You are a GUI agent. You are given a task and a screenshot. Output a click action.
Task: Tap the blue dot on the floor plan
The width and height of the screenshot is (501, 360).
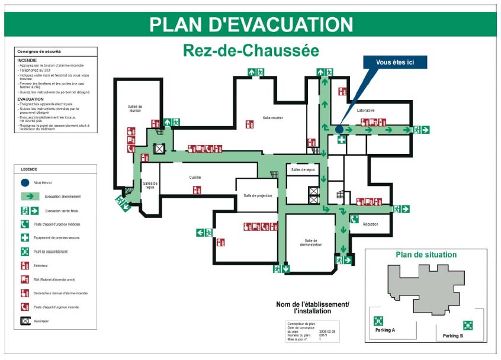click(339, 129)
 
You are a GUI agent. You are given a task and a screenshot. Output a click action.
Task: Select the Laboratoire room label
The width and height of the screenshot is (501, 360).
click(365, 111)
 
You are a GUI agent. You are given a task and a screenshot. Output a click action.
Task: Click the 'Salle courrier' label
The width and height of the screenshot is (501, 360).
click(273, 118)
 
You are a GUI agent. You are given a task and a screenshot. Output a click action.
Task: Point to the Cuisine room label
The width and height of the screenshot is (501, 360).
click(195, 178)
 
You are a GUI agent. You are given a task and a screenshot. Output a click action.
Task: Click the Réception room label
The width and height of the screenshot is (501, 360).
click(370, 224)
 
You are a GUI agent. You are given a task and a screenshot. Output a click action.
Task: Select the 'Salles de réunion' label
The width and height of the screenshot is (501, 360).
click(135, 108)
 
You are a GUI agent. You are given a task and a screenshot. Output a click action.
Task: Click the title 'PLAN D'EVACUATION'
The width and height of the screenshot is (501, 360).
click(251, 24)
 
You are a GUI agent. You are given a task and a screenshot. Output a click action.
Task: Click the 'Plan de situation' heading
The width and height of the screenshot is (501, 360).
click(426, 255)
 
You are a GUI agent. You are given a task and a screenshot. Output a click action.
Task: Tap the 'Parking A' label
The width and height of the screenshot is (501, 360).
click(385, 330)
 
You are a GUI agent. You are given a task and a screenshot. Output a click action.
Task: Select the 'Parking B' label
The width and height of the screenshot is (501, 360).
click(453, 336)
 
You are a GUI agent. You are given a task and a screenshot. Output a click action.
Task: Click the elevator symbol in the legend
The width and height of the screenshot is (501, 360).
click(25, 321)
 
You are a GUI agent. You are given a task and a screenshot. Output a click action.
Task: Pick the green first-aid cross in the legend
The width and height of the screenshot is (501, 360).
click(25, 237)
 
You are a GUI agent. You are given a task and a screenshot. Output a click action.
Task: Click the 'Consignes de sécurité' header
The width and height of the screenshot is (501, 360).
click(39, 52)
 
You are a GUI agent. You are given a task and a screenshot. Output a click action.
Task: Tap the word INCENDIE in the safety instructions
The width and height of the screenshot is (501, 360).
click(27, 60)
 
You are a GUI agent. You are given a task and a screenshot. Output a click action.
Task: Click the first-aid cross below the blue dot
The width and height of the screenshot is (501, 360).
click(342, 140)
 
